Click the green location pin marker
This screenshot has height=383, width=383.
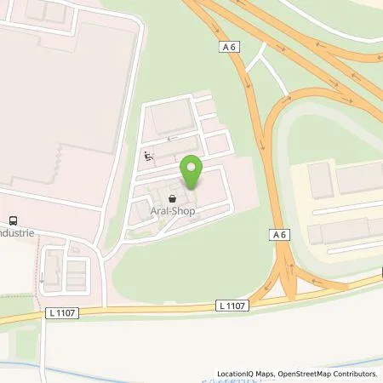click(191, 170)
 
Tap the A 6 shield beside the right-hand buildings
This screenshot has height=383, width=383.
click(282, 234)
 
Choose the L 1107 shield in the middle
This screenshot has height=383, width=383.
click(231, 305)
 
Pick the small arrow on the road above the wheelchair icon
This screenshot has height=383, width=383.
click(170, 138)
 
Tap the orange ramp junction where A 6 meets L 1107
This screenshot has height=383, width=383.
click(289, 281)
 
